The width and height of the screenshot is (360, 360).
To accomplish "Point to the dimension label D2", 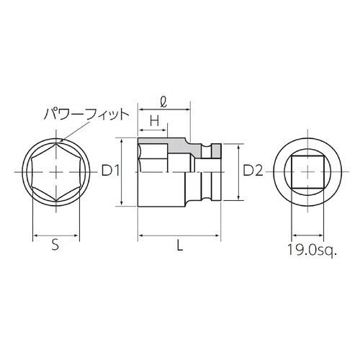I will [x=252, y=171].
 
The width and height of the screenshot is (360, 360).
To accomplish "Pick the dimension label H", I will [x=153, y=120].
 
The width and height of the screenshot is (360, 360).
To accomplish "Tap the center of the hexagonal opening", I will [x=55, y=171].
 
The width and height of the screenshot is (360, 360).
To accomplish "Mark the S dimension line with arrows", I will [x=55, y=235].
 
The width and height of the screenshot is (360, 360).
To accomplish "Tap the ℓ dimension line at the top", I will [x=164, y=109].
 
